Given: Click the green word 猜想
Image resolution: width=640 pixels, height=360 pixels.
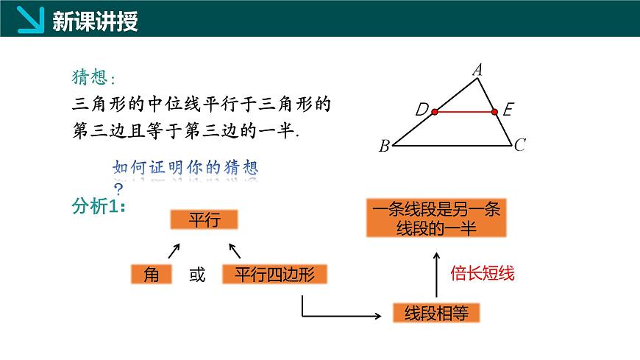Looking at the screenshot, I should pos(90,77).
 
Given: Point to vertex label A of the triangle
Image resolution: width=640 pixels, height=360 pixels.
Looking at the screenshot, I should pos(477,71).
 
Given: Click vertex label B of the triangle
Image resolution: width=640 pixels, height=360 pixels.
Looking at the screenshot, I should pos(384,146).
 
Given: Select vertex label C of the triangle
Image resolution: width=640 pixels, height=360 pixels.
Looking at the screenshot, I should pos(519,145).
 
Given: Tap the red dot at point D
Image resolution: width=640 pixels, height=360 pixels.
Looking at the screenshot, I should pos(435,112).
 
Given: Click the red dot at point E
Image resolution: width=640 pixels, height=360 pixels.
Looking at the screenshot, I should pos(494,112).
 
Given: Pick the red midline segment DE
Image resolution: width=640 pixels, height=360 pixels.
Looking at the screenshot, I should pos(464,112).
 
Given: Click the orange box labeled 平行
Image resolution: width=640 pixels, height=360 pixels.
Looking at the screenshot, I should pos(204,219).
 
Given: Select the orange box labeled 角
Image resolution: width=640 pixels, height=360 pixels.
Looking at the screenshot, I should pos(152,275).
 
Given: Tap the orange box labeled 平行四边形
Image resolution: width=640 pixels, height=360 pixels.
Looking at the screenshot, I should pos(274,275).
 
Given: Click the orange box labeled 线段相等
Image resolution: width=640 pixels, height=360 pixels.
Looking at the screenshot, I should pos(436,314).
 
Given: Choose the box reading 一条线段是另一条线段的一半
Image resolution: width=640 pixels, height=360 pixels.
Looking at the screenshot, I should pos(436,218).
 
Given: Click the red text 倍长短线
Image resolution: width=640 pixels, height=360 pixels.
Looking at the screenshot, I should pos(482,274).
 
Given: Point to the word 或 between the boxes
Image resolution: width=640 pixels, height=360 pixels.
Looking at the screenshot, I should pos(197,275).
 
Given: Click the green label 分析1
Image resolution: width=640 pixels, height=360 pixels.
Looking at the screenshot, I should pos(99,207).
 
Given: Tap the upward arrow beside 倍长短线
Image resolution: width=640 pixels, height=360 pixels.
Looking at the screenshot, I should pos(435,274).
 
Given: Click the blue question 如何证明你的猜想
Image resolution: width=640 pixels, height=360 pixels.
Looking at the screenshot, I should pos(185,168).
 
